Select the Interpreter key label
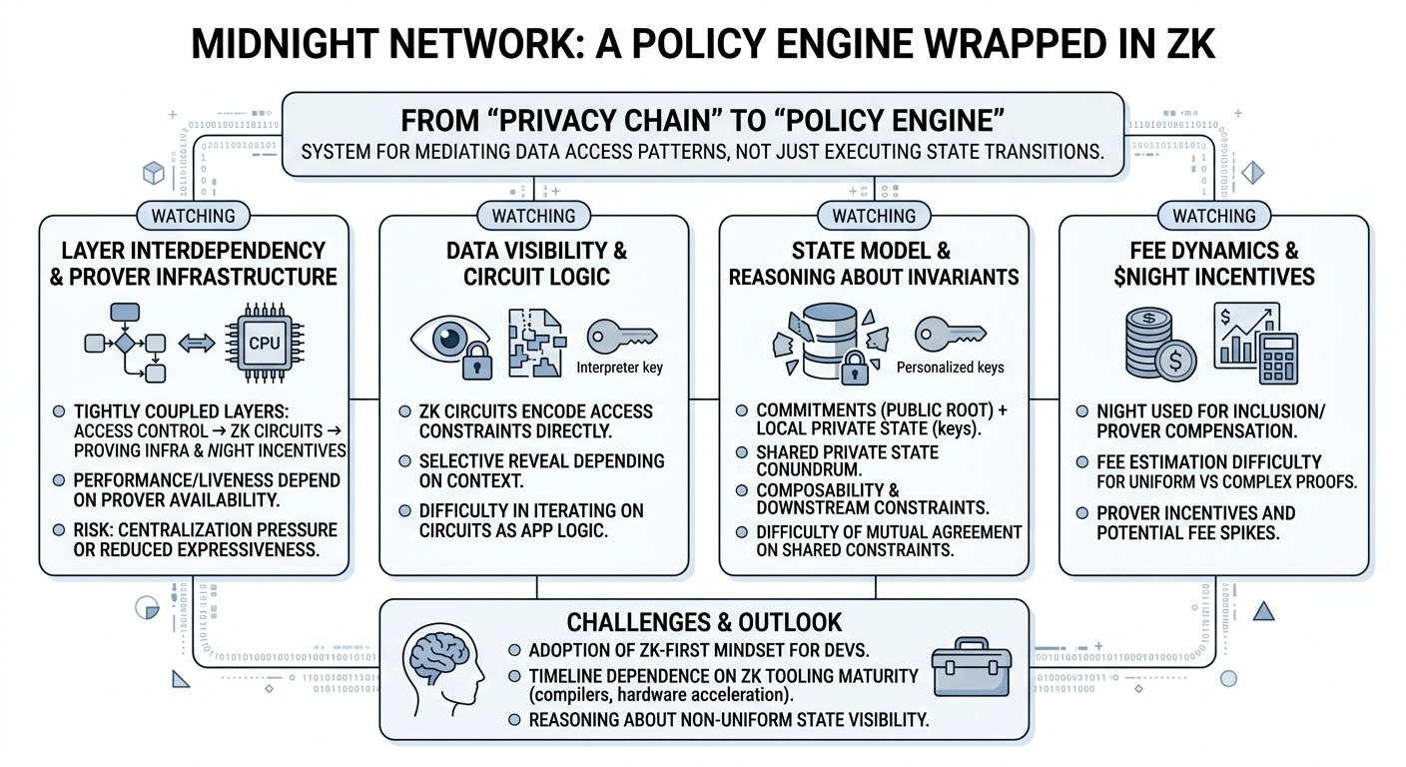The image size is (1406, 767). click(619, 368)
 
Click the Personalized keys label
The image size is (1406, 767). click(950, 367)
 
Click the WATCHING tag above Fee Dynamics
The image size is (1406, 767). click(1213, 216)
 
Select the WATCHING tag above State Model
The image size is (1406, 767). click(874, 216)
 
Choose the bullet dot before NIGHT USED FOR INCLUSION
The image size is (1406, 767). click(1082, 409)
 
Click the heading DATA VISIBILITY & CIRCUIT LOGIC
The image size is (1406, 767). click(535, 263)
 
